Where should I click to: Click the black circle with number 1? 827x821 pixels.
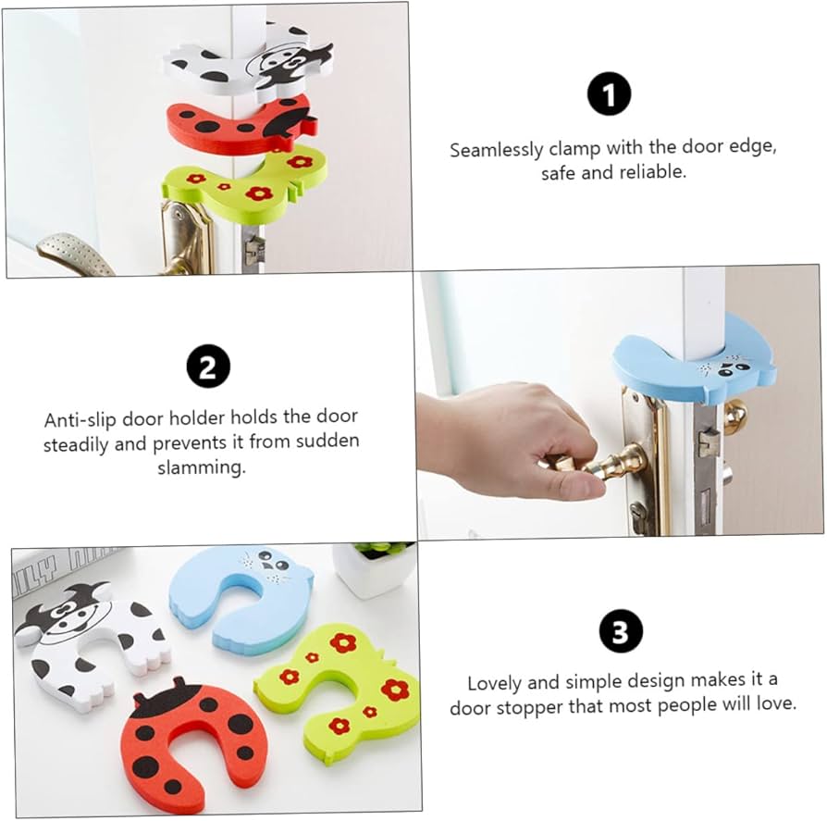pos(609,94)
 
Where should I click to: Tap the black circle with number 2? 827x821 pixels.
pos(208,367)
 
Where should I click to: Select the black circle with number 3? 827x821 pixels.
pos(620,633)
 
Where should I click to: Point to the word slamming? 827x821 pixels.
pos(201,467)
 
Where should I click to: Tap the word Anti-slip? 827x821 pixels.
pos(81,418)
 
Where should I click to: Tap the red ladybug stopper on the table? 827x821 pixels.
pos(185,740)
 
